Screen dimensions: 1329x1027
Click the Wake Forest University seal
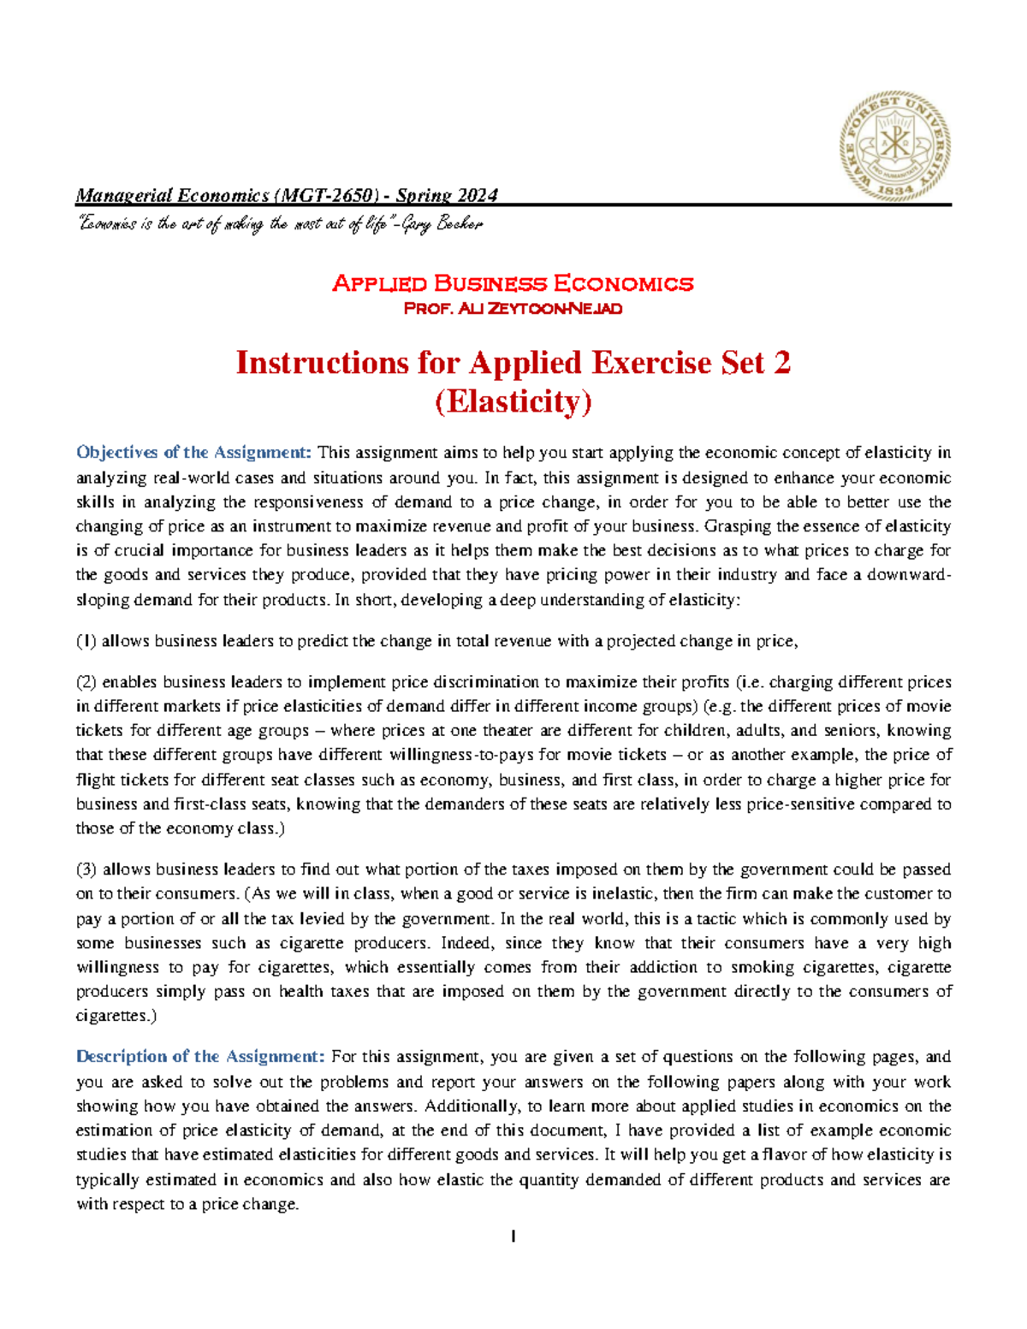pyautogui.click(x=894, y=147)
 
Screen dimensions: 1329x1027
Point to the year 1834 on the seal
pyautogui.click(x=896, y=189)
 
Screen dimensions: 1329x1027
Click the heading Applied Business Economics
pyautogui.click(x=512, y=283)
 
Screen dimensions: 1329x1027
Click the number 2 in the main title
pyautogui.click(x=781, y=363)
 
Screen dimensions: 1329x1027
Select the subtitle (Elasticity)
pyautogui.click(x=513, y=401)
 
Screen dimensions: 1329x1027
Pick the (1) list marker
pyautogui.click(x=86, y=641)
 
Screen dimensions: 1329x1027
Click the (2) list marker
pyautogui.click(x=86, y=682)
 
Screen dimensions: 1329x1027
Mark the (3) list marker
pyautogui.click(x=86, y=869)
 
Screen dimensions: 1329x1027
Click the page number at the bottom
pyautogui.click(x=513, y=1236)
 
